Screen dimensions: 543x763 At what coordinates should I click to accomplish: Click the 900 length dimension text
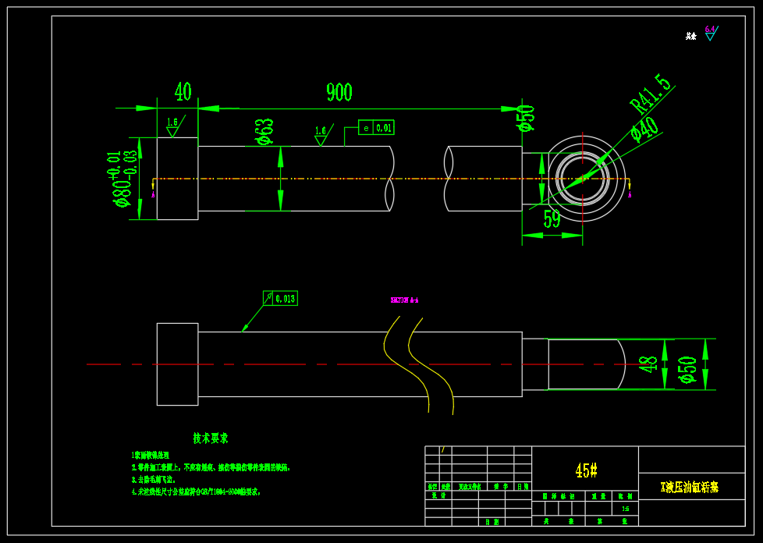(339, 92)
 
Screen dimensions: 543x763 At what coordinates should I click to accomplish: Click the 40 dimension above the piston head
(183, 92)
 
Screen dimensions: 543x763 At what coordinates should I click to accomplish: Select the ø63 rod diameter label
(265, 132)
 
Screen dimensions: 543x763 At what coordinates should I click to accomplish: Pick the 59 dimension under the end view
(552, 220)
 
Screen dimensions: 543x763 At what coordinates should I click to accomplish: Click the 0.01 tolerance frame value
(384, 128)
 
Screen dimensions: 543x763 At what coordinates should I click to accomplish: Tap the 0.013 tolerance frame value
(286, 298)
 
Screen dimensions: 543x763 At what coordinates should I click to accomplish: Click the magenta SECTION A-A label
(404, 300)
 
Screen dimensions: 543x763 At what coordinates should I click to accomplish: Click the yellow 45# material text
(586, 470)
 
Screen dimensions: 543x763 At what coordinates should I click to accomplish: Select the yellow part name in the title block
(690, 487)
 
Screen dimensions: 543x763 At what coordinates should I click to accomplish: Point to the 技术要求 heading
(211, 438)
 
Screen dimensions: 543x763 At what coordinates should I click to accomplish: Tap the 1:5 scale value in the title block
(625, 509)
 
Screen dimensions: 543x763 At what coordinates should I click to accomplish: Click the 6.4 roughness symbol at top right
(710, 32)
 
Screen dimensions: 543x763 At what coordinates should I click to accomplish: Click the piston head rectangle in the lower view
(177, 364)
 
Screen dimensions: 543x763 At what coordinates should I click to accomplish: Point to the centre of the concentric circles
(583, 179)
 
